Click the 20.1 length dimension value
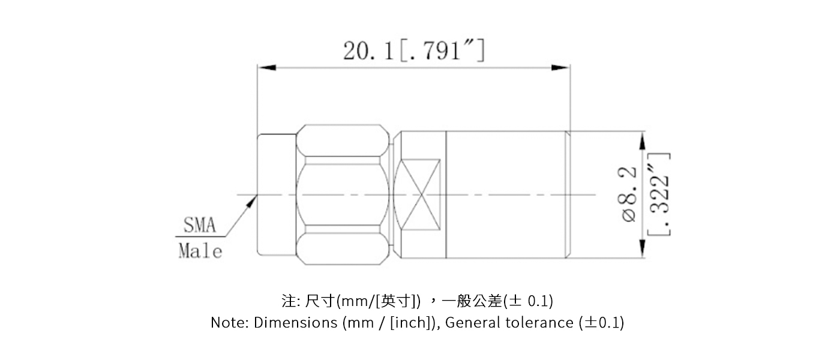click(x=368, y=52)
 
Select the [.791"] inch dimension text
click(x=439, y=52)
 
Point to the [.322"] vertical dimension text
click(x=659, y=195)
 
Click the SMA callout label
click(x=199, y=226)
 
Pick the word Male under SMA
click(x=200, y=251)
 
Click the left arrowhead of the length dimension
click(x=266, y=67)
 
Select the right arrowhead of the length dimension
click(x=561, y=67)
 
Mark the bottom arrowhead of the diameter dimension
click(x=643, y=248)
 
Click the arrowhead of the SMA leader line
click(x=251, y=202)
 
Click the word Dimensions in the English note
click(x=295, y=323)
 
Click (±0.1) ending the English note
click(x=602, y=323)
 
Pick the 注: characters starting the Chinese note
click(x=289, y=300)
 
